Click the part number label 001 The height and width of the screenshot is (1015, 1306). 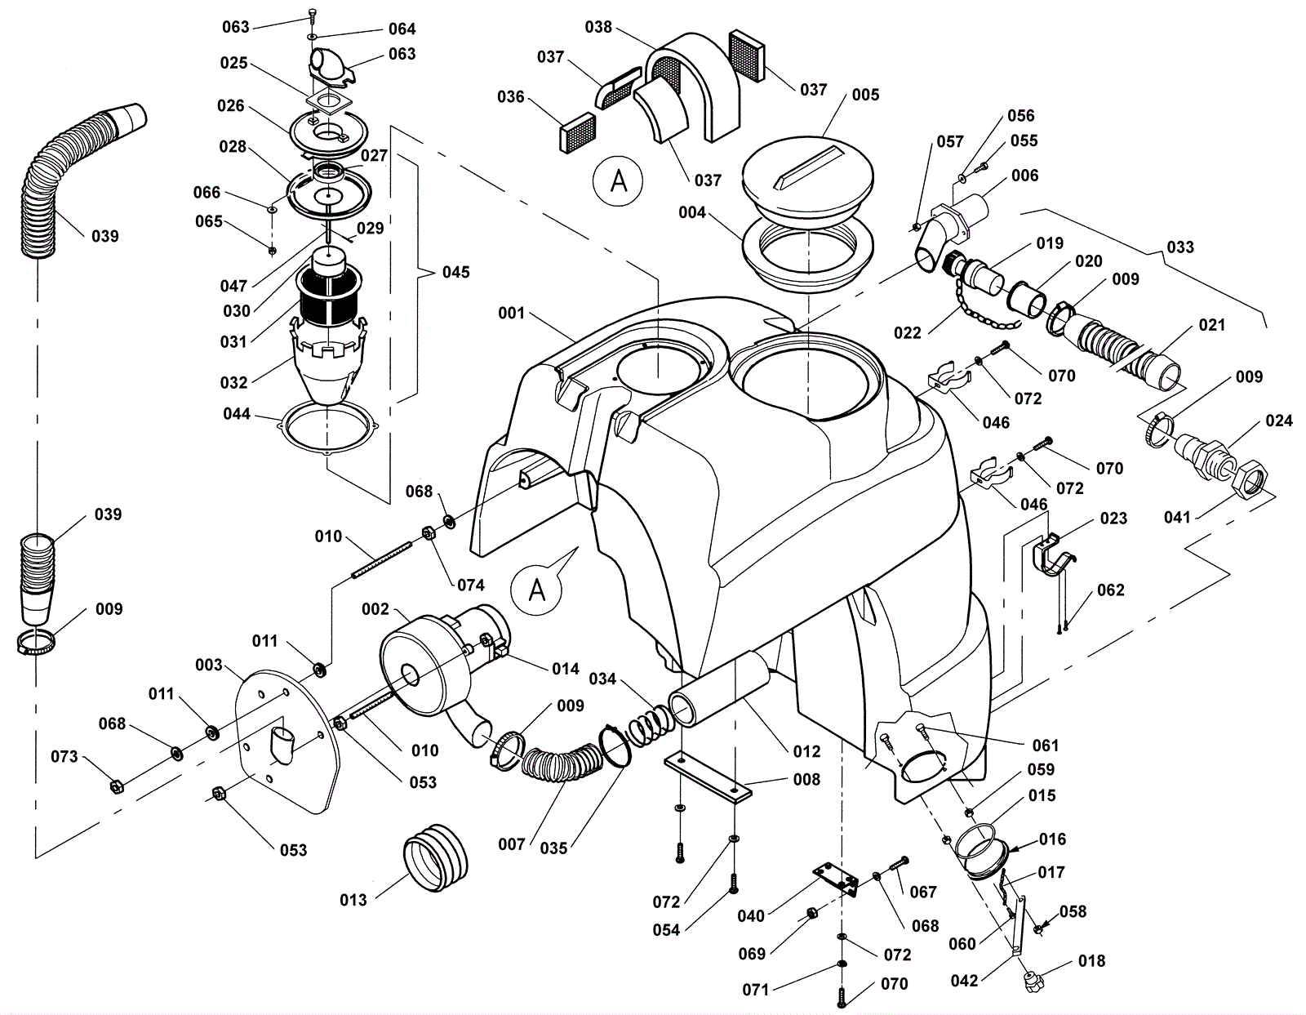pyautogui.click(x=511, y=313)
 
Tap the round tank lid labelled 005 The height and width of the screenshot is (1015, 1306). pyautogui.click(x=807, y=181)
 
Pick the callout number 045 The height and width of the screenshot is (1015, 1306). pyautogui.click(x=455, y=272)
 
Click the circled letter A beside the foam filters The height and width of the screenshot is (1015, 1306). pyautogui.click(x=618, y=181)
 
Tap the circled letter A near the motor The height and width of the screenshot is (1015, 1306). pyautogui.click(x=536, y=590)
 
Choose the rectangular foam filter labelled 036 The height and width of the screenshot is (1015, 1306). pyautogui.click(x=577, y=132)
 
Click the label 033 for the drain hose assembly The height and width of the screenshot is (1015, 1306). pyautogui.click(x=1179, y=247)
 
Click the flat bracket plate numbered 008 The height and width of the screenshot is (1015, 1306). pyautogui.click(x=708, y=778)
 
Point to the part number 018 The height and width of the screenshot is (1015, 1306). pyautogui.click(x=1091, y=961)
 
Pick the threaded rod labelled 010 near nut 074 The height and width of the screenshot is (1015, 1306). pyautogui.click(x=381, y=559)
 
